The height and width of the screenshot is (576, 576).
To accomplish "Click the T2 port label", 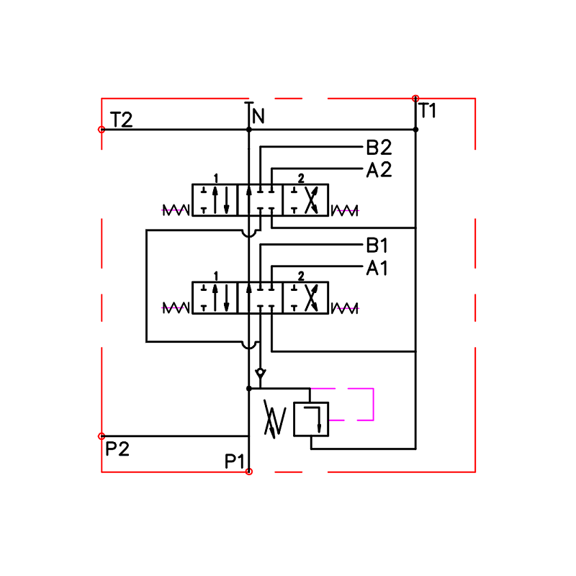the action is (x=121, y=120).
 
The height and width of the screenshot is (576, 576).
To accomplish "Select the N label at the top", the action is (x=258, y=116).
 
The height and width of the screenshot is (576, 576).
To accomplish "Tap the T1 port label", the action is (x=427, y=110).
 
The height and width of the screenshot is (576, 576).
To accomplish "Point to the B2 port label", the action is (x=379, y=148).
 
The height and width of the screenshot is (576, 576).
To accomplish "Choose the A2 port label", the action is (x=379, y=170).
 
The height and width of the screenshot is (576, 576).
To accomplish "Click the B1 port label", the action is (x=377, y=246).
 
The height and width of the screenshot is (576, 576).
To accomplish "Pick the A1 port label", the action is (x=377, y=268).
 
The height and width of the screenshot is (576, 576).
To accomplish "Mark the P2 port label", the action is (x=117, y=449).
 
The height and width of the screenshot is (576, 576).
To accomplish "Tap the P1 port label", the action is (x=235, y=461).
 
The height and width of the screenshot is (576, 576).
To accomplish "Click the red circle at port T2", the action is (x=102, y=130).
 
